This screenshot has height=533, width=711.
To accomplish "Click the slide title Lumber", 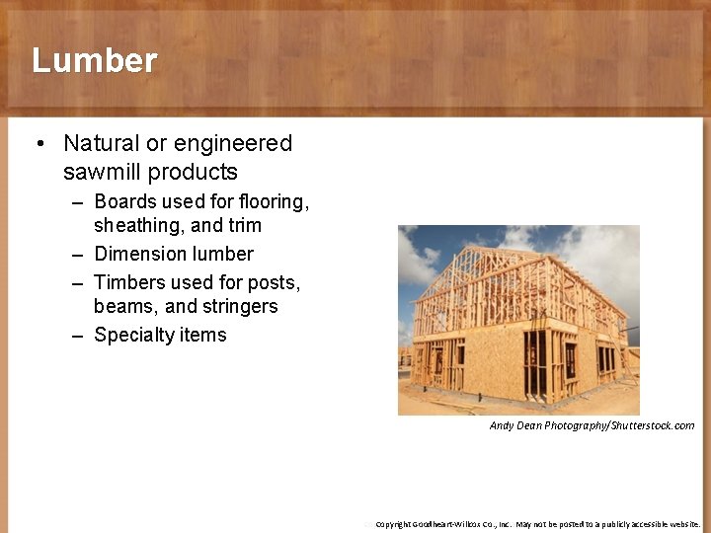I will [x=94, y=60].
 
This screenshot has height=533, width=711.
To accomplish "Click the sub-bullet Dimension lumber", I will [x=173, y=254].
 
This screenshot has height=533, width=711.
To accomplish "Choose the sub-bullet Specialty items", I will [x=160, y=335].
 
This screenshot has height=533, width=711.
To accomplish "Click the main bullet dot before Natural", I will [x=39, y=144].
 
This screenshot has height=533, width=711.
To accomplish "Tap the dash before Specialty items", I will [x=77, y=336].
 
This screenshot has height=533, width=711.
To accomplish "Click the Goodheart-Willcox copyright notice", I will [x=533, y=524].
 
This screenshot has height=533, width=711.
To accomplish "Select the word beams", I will [x=125, y=306].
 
